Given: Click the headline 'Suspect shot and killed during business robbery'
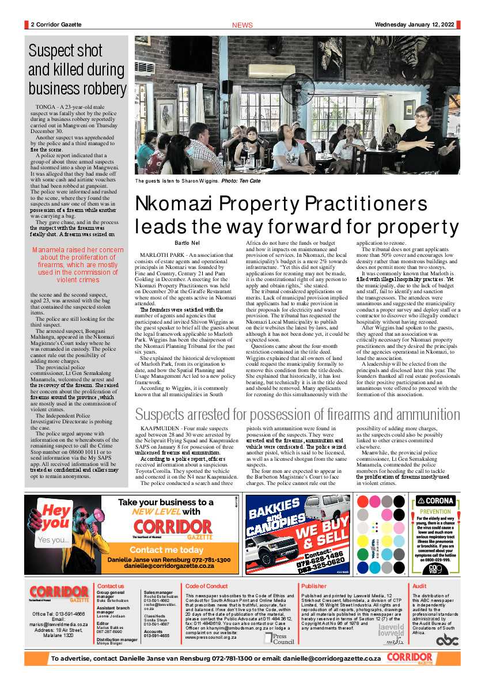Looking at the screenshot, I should click(x=77, y=70).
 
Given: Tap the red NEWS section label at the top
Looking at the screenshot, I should click(x=242, y=25).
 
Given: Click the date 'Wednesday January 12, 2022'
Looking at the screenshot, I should click(x=414, y=25).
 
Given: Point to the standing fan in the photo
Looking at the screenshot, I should click(x=297, y=92).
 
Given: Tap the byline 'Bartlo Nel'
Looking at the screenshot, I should click(x=187, y=243).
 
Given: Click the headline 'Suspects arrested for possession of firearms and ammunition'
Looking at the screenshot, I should click(x=297, y=414).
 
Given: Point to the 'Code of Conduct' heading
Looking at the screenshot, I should click(x=207, y=586).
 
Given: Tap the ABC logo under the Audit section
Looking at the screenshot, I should click(x=447, y=639).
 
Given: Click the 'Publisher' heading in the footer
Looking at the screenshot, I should click(x=314, y=586).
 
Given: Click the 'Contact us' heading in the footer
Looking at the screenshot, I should click(x=111, y=586).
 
